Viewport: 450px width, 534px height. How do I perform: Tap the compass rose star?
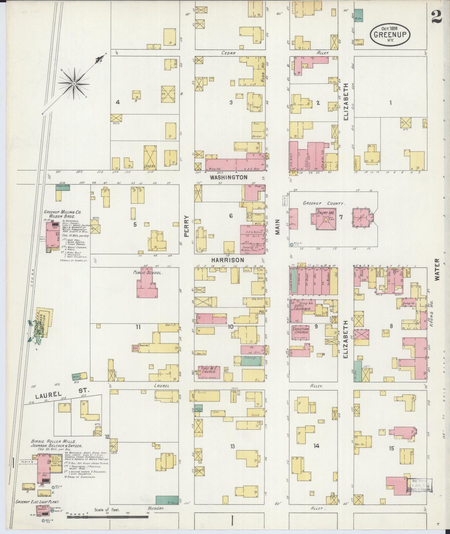(x=74, y=83)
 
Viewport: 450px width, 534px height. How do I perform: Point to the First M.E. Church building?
(x=209, y=372)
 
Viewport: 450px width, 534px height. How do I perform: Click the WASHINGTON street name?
(x=229, y=177)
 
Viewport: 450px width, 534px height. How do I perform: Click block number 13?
(x=232, y=446)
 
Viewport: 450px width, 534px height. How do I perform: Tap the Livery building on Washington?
(x=150, y=157)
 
